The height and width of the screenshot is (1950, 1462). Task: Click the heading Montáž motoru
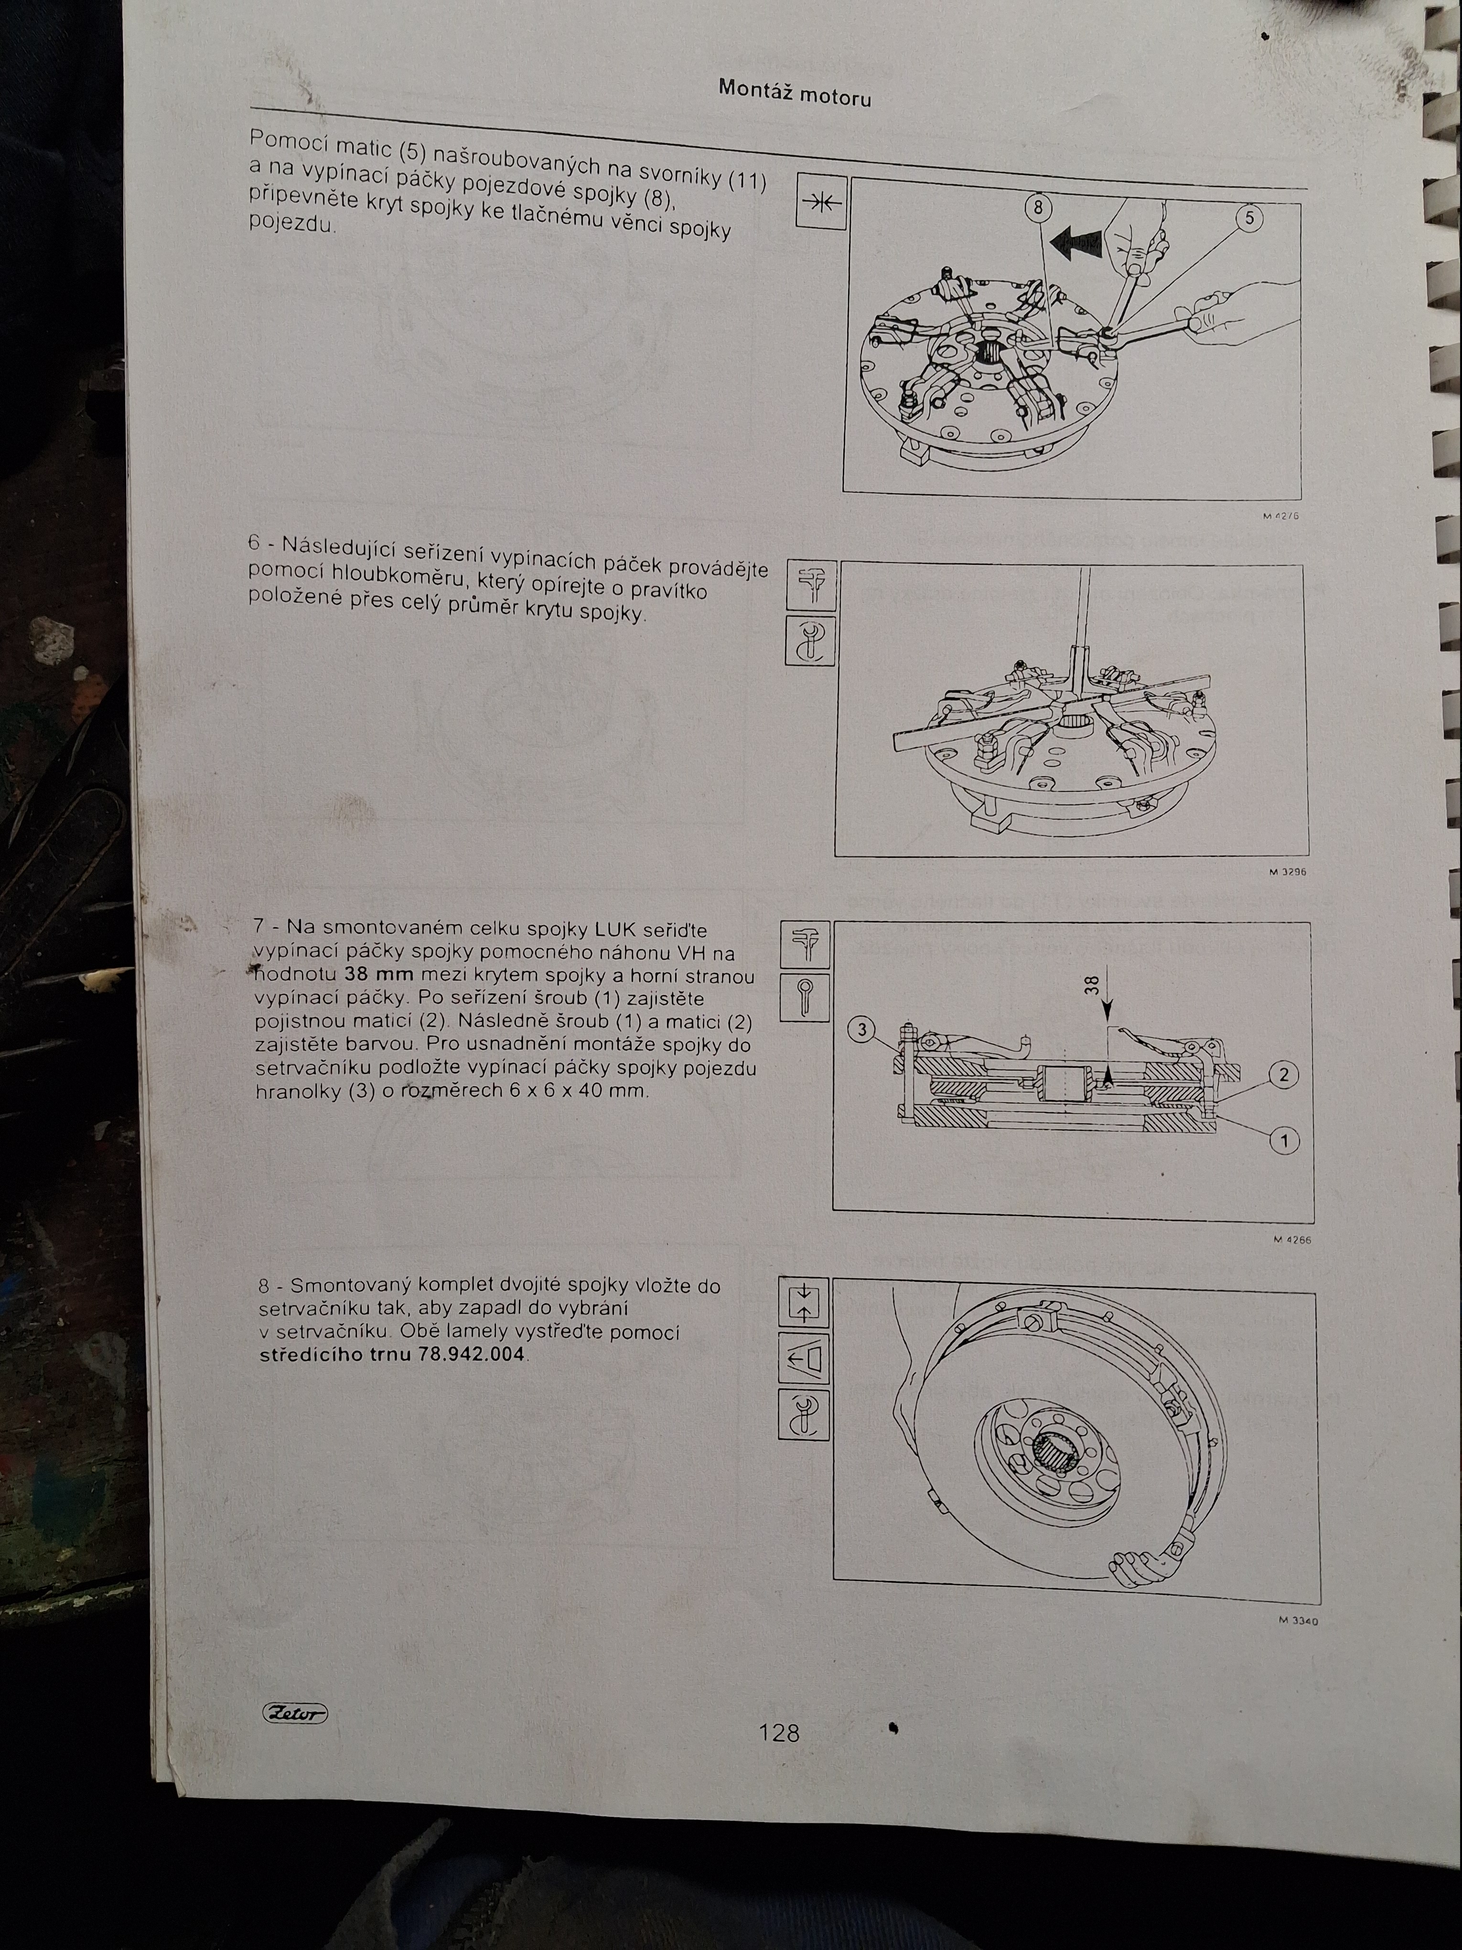point(795,92)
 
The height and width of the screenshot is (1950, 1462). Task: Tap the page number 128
point(779,1732)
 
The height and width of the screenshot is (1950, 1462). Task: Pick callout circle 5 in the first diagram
point(1249,218)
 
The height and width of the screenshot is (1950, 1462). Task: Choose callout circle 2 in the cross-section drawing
point(1284,1074)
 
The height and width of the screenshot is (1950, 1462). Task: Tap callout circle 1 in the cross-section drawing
point(1284,1142)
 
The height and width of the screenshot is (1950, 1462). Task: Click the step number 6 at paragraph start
point(255,542)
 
